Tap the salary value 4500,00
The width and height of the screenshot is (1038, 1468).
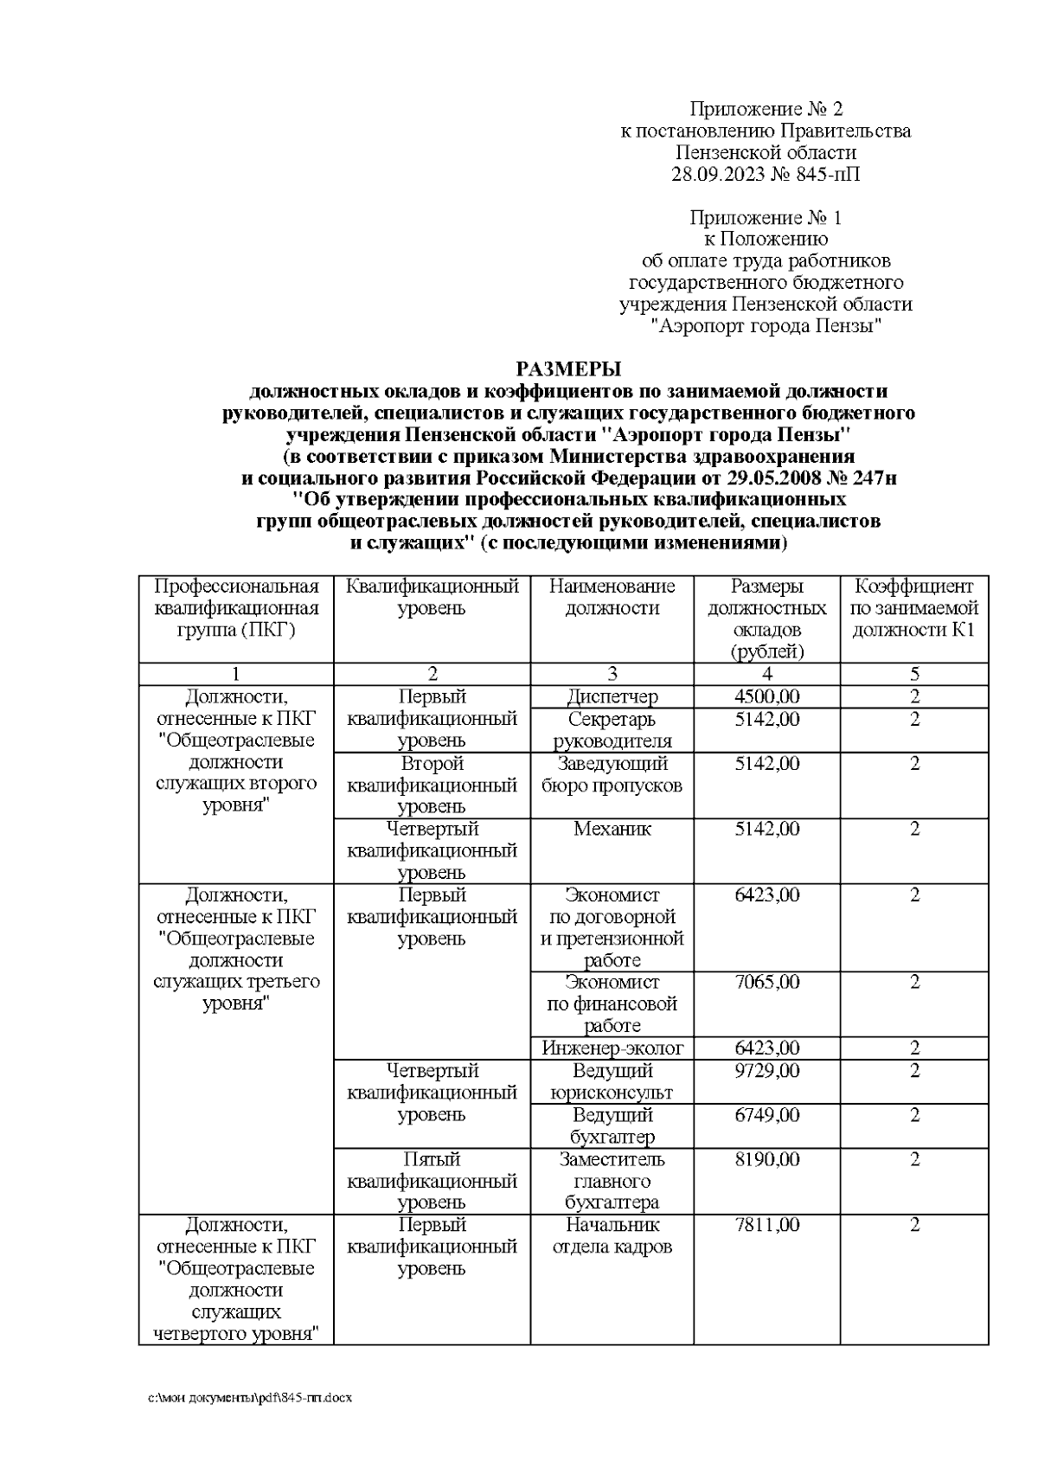pos(766,697)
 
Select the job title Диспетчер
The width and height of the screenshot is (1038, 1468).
pos(612,697)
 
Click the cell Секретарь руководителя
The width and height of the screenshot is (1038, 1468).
pos(612,730)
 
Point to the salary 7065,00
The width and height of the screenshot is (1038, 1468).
pos(766,983)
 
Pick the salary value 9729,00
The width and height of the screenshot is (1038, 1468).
pos(766,1071)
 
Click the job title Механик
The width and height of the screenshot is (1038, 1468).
pos(612,830)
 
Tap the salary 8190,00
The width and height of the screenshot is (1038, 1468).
pos(766,1159)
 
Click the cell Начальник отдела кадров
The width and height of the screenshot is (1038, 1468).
pos(612,1236)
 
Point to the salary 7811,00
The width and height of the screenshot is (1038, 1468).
pos(766,1225)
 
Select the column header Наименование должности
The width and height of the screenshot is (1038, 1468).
pos(612,597)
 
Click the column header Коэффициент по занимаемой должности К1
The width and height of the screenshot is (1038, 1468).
pos(913,608)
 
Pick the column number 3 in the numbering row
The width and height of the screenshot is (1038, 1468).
pos(612,675)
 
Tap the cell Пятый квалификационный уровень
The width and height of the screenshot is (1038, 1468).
pos(432,1181)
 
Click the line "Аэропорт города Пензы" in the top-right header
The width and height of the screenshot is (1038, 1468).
pos(766,327)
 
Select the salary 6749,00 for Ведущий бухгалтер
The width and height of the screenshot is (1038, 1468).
pos(766,1115)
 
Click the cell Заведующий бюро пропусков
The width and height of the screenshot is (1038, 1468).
pos(612,774)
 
